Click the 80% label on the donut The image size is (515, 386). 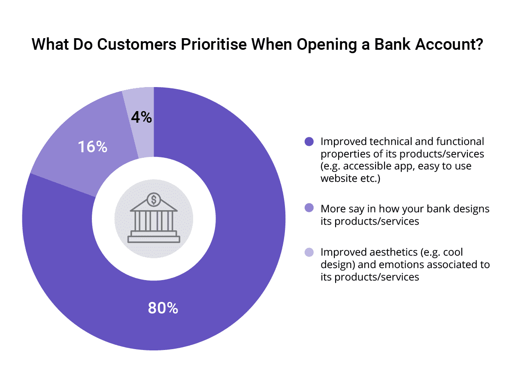163,308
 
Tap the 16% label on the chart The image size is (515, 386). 92,147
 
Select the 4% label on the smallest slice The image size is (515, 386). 142,117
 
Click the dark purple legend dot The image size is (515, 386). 309,142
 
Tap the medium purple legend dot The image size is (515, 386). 309,209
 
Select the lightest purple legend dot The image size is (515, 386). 309,252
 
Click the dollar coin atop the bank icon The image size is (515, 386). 154,199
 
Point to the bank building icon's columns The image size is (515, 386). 154,221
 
